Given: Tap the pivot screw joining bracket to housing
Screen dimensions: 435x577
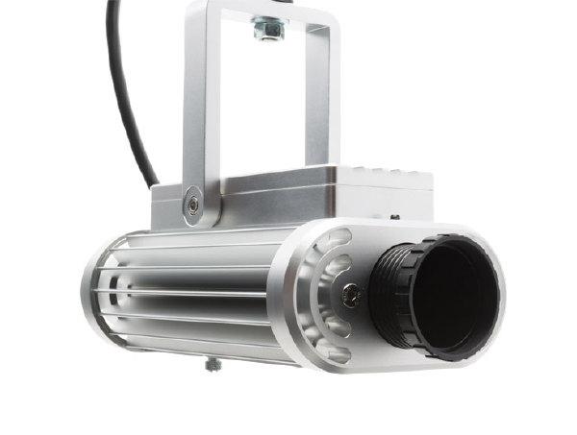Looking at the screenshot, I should coord(194,204).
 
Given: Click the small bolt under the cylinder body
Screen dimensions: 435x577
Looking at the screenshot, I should coord(210,364).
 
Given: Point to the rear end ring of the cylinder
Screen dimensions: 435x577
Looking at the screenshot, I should coord(96,288).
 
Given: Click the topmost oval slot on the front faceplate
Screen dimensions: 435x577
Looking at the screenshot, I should coord(339,240).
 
